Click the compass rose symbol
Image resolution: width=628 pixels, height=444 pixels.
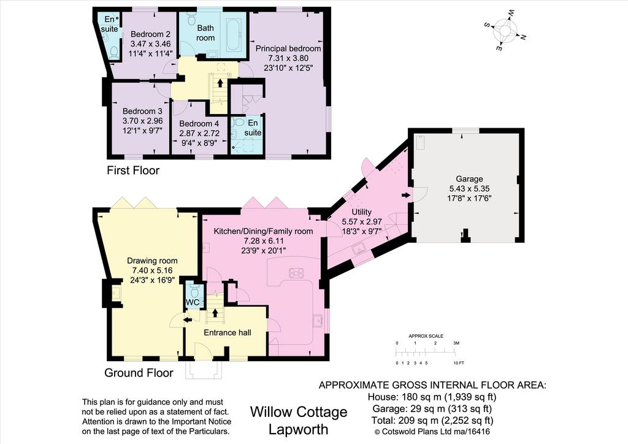[505, 31]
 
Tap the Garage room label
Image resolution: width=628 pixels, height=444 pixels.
[469, 178]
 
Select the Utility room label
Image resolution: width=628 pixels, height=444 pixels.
[362, 212]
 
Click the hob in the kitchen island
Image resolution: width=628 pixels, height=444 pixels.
[296, 273]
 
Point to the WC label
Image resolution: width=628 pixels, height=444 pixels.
[193, 302]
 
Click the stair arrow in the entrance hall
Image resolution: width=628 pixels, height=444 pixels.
[215, 313]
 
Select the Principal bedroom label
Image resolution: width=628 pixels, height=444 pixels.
[288, 48]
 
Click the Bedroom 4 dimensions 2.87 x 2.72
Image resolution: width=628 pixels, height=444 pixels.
[199, 133]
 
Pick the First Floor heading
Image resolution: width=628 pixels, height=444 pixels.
[133, 170]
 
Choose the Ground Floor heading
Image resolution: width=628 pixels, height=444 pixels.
[139, 373]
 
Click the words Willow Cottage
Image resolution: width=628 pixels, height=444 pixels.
[299, 411]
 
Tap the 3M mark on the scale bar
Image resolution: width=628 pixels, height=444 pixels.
[456, 343]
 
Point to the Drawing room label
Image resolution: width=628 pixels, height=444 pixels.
[152, 261]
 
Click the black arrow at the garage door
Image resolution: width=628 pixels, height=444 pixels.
[406, 196]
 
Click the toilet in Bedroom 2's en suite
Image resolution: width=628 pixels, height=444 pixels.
[113, 52]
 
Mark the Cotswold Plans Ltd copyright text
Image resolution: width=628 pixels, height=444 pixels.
[432, 432]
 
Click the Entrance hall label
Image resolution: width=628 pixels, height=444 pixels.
[228, 333]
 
